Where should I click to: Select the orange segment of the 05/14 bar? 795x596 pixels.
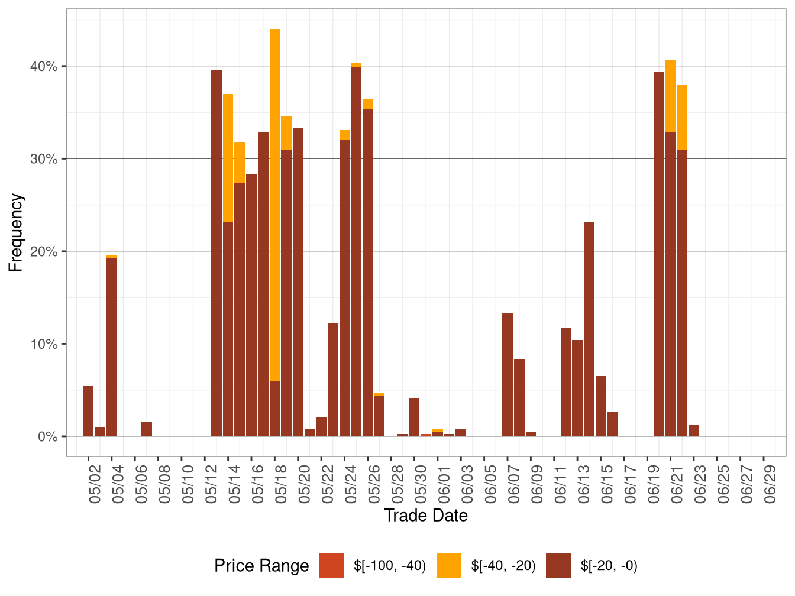pyautogui.click(x=228, y=157)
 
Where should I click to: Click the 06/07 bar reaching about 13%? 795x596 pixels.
pyautogui.click(x=508, y=375)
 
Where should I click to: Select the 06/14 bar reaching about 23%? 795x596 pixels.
pyautogui.click(x=589, y=329)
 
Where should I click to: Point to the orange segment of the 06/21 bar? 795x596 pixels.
pyautogui.click(x=670, y=96)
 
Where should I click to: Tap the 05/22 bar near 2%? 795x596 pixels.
pyautogui.click(x=321, y=426)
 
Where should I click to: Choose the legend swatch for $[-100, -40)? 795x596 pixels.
pyautogui.click(x=331, y=565)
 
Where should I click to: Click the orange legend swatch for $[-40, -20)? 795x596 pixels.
pyautogui.click(x=448, y=565)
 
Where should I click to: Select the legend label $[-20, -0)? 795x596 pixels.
pyautogui.click(x=609, y=566)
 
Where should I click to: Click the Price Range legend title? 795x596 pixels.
pyautogui.click(x=261, y=566)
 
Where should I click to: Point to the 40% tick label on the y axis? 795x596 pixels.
pyautogui.click(x=44, y=66)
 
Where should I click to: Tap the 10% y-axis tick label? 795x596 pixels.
pyautogui.click(x=44, y=344)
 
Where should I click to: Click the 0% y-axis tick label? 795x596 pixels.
pyautogui.click(x=47, y=437)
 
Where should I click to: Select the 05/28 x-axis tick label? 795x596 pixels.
pyautogui.click(x=397, y=485)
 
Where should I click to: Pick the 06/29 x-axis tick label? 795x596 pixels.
pyautogui.click(x=770, y=485)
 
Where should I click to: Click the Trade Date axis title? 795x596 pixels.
pyautogui.click(x=426, y=516)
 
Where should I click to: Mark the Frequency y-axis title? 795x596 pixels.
pyautogui.click(x=16, y=232)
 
